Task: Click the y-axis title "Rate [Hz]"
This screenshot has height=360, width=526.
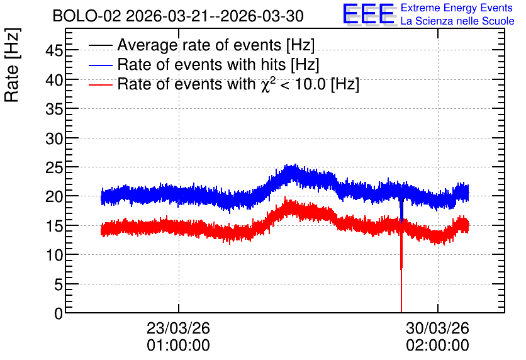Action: [x=13, y=65]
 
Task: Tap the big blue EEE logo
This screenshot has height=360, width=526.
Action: [x=369, y=14]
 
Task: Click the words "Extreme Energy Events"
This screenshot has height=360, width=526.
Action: [x=457, y=8]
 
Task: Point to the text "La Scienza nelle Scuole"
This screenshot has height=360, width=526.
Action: [x=457, y=21]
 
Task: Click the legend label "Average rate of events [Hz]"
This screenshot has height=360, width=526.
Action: [x=216, y=45]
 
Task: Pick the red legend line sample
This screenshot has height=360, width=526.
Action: [x=100, y=85]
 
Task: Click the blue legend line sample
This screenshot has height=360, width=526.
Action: [x=100, y=65]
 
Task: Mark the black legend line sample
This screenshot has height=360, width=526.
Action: [x=100, y=45]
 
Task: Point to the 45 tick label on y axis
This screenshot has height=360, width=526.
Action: [x=54, y=51]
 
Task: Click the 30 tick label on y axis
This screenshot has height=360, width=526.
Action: [x=54, y=138]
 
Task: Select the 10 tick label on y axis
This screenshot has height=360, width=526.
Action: [x=54, y=256]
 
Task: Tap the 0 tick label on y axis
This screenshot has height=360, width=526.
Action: [x=59, y=313]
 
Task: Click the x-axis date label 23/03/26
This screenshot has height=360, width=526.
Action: [x=178, y=328]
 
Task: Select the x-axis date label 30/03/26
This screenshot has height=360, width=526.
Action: [x=437, y=328]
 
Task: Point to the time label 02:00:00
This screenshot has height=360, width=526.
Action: [x=437, y=346]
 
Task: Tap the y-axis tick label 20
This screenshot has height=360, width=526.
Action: [x=54, y=196]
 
